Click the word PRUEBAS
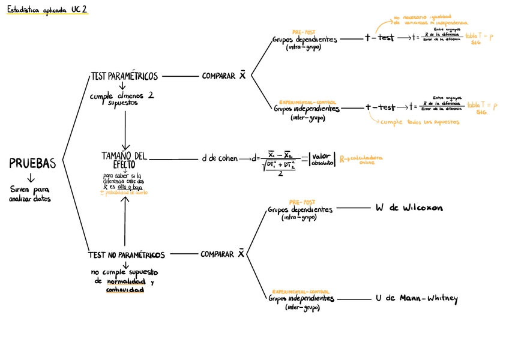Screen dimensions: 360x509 pyautogui.click(x=32, y=163)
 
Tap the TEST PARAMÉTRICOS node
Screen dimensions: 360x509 pyautogui.click(x=124, y=76)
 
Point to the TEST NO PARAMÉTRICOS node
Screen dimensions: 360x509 pyautogui.click(x=127, y=255)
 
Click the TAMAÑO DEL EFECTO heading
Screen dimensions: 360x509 pyautogui.click(x=124, y=160)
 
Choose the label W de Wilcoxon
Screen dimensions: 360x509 pyautogui.click(x=409, y=208)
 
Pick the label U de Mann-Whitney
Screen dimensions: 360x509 pyautogui.click(x=416, y=298)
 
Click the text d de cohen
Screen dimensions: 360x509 pyautogui.click(x=220, y=159)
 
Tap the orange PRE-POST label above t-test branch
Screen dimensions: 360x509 pyautogui.click(x=304, y=32)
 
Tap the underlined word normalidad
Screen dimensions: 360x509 pyautogui.click(x=125, y=282)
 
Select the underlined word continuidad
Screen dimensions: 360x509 pyautogui.click(x=125, y=290)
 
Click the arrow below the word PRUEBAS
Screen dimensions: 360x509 pyautogui.click(x=32, y=178)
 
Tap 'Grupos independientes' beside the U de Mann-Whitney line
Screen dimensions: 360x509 pyautogui.click(x=301, y=298)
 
